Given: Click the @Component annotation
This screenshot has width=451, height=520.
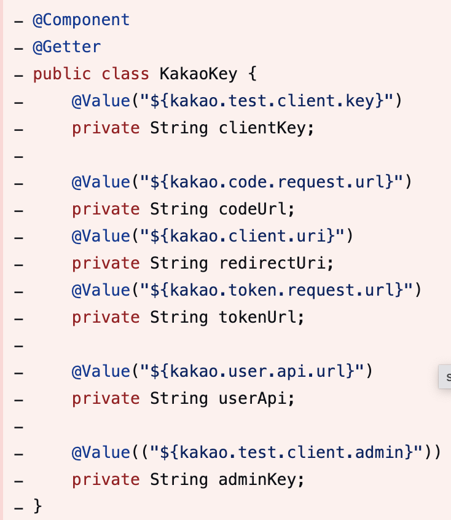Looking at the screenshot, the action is coord(81,20).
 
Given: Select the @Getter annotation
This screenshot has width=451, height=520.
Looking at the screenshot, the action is coord(66,47).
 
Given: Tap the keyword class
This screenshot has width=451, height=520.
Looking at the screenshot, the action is coord(125,74).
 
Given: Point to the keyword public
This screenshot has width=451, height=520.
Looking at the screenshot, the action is coord(61,74).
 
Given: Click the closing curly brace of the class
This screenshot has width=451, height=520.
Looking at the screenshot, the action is coord(37,506).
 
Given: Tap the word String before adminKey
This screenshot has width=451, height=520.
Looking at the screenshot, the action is coord(179,479).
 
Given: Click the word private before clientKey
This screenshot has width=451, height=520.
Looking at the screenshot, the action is coord(106,128).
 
